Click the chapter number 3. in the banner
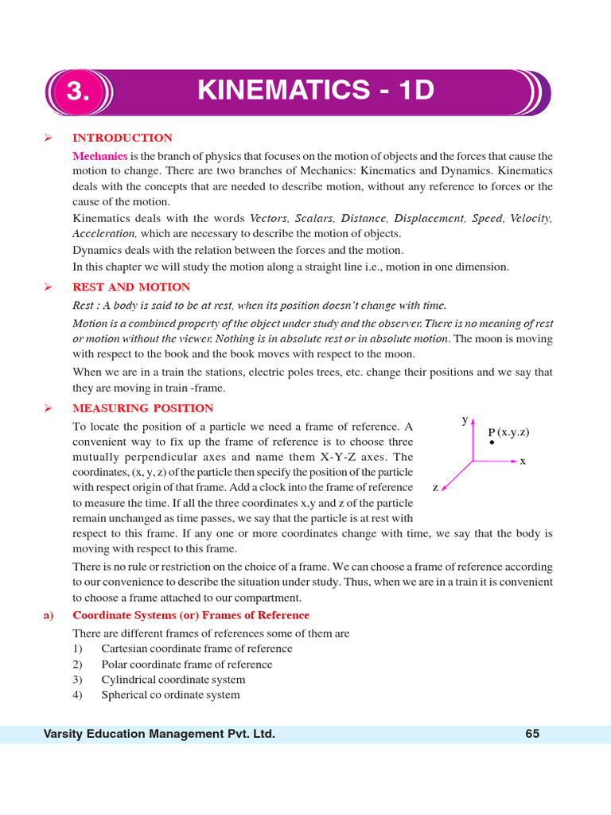pyautogui.click(x=78, y=92)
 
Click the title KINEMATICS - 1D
pyautogui.click(x=316, y=91)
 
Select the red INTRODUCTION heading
pyautogui.click(x=122, y=138)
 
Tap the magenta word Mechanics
pyautogui.click(x=99, y=156)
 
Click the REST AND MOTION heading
pyautogui.click(x=131, y=287)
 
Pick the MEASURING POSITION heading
pyautogui.click(x=142, y=408)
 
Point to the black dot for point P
pyautogui.click(x=492, y=443)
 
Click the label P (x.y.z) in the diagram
pyautogui.click(x=508, y=432)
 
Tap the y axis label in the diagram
pyautogui.click(x=464, y=419)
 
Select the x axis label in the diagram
pyautogui.click(x=523, y=461)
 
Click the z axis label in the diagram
pyautogui.click(x=435, y=487)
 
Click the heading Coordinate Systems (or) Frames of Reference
pyautogui.click(x=191, y=615)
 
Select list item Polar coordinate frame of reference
pyautogui.click(x=186, y=665)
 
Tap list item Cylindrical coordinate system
pyautogui.click(x=173, y=680)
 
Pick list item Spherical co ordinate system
pyautogui.click(x=170, y=695)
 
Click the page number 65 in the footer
pyautogui.click(x=532, y=734)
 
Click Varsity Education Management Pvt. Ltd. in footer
pyautogui.click(x=159, y=734)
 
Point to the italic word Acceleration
pyautogui.click(x=104, y=234)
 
